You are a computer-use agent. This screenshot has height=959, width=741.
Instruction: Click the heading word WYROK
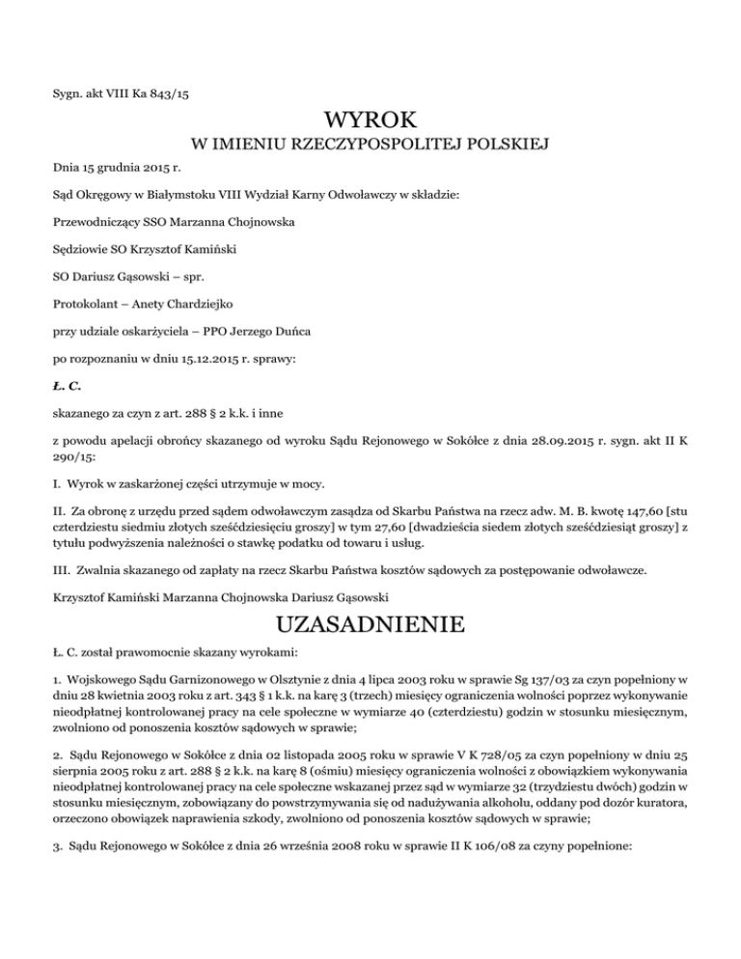point(370,122)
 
